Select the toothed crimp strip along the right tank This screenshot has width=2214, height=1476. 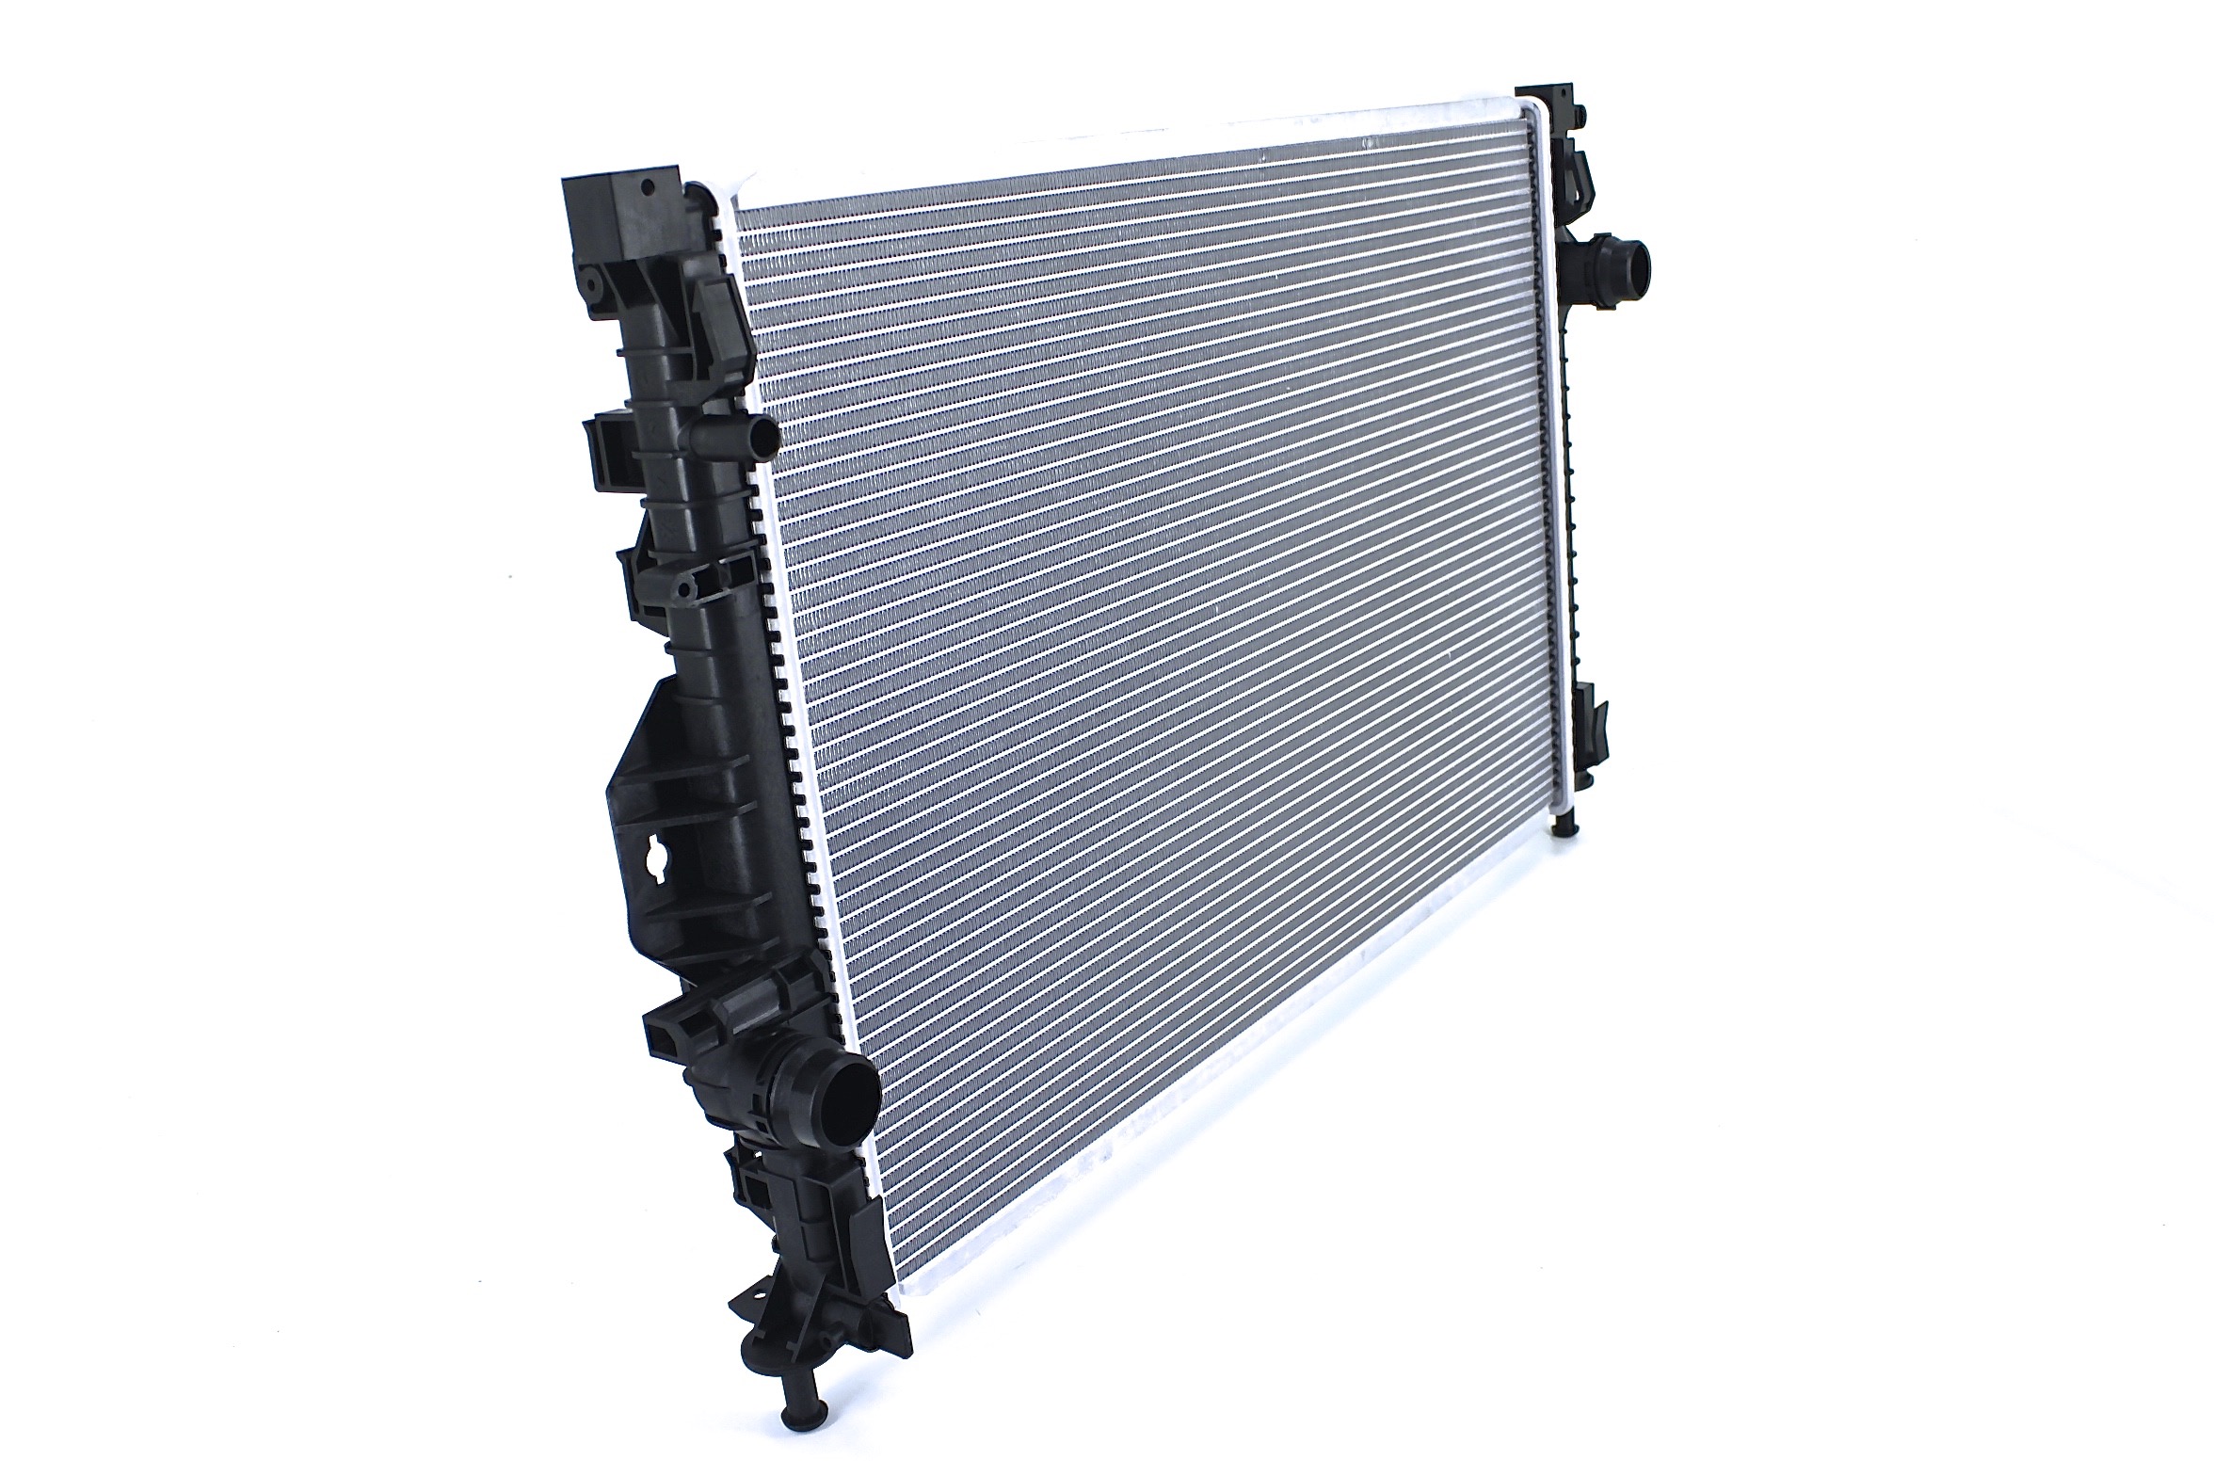point(1565,489)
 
